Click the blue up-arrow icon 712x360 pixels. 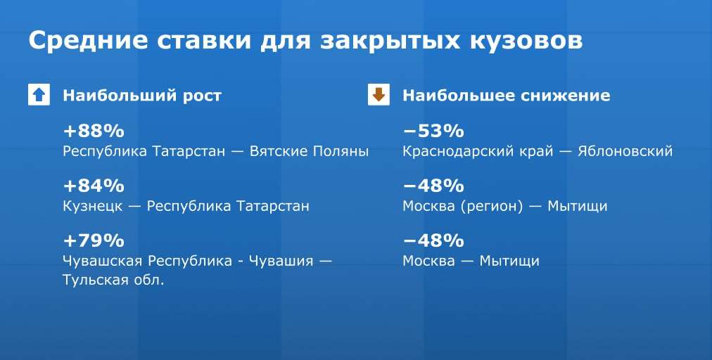39,95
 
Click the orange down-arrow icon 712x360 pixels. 379,95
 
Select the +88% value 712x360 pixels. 94,131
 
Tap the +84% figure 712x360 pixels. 94,185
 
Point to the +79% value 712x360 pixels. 94,240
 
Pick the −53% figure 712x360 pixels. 433,131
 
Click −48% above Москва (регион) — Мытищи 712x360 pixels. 433,185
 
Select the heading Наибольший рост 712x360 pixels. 142,96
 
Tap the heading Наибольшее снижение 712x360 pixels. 507,96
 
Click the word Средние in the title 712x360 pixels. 88,40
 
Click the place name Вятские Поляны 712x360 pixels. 310,150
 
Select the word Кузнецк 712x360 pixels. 93,206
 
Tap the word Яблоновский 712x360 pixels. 625,150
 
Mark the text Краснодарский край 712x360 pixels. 478,151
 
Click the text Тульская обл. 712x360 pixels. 113,280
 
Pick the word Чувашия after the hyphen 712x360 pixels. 281,261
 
